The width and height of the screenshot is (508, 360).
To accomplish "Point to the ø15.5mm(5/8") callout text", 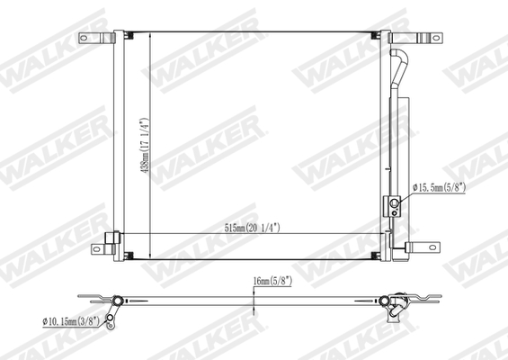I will [x=441, y=187].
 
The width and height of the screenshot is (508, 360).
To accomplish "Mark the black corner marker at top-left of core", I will [x=128, y=37].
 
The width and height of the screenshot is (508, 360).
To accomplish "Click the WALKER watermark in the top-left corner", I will [x=40, y=67].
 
